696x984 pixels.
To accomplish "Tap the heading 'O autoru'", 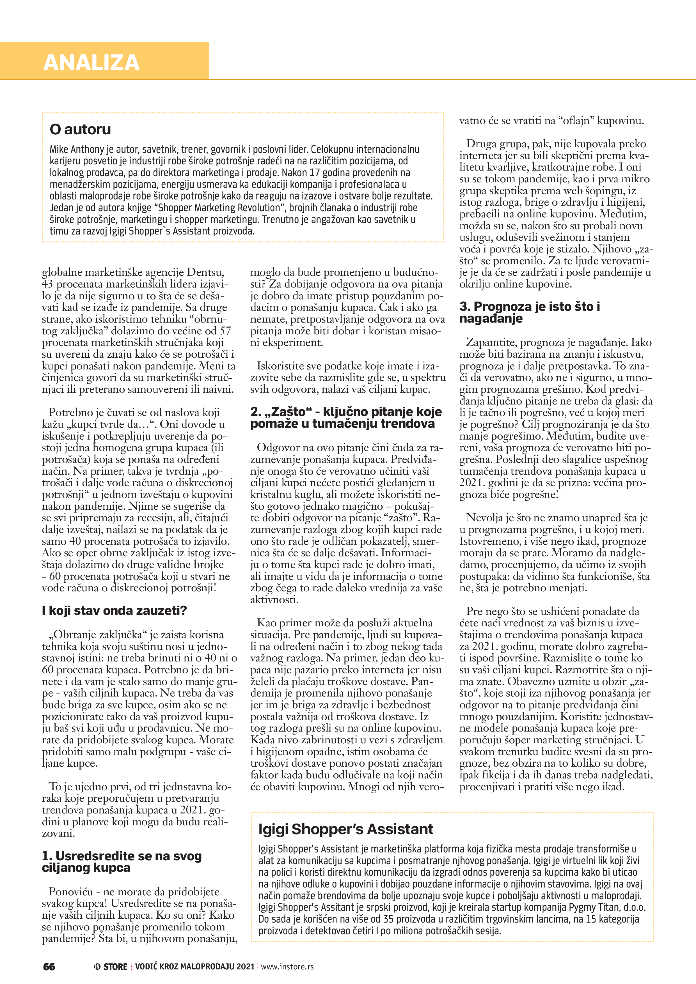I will tap(80, 129).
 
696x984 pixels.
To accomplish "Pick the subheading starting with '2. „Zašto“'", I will tap(346, 417).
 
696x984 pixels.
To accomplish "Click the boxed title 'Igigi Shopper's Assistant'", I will tap(346, 829).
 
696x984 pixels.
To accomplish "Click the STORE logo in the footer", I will tap(111, 966).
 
